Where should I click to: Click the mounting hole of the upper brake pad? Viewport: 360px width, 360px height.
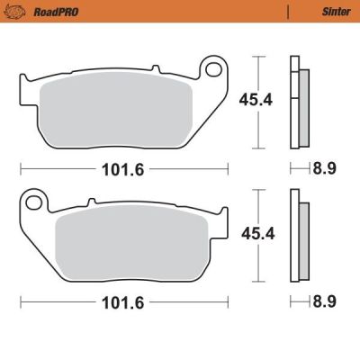pyautogui.click(x=214, y=67)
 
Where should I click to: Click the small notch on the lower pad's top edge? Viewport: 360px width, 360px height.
pyautogui.click(x=92, y=199)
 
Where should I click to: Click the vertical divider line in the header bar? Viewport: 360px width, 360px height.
pyautogui.click(x=287, y=12)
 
